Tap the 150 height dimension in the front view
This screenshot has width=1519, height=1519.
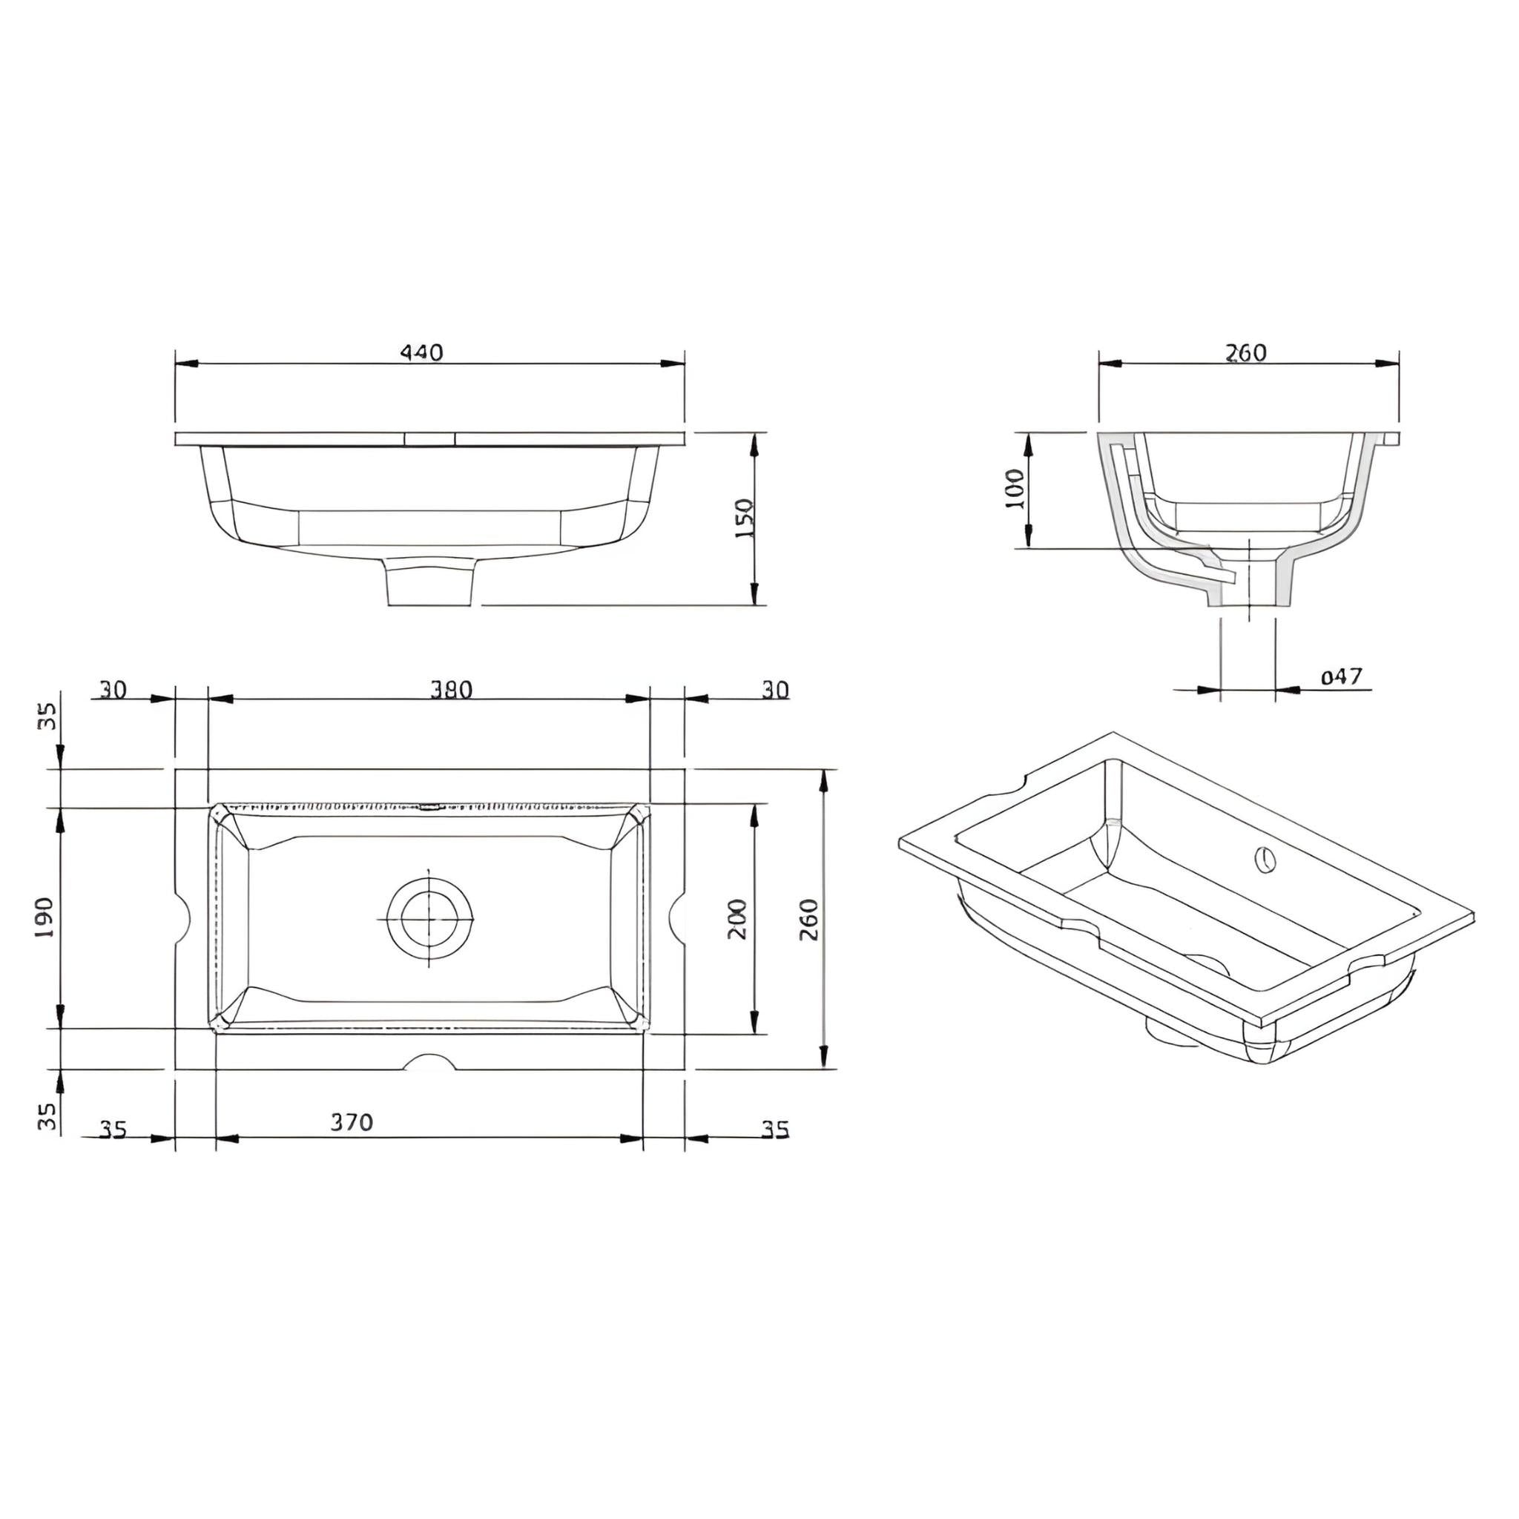tap(744, 518)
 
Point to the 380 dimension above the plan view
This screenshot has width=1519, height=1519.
tap(450, 690)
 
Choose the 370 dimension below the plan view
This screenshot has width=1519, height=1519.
tap(351, 1122)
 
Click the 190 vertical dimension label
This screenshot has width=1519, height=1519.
tap(45, 917)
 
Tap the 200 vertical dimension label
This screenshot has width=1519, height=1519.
tap(737, 918)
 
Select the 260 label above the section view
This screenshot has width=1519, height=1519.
tap(1246, 353)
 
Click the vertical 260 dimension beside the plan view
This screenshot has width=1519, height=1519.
tap(809, 918)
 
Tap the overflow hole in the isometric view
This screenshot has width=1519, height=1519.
tap(1265, 860)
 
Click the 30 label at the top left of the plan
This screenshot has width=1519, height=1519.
tap(113, 690)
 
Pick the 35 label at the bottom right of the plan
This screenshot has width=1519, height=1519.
tap(774, 1130)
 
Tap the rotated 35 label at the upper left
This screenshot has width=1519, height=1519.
tap(48, 716)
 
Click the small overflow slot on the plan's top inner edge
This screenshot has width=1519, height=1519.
tap(429, 806)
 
